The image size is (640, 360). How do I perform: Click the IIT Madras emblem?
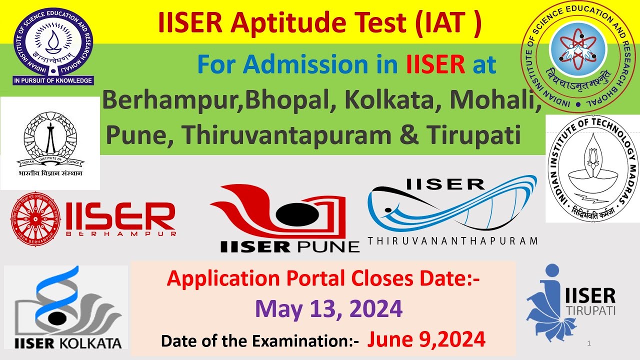point(593,168)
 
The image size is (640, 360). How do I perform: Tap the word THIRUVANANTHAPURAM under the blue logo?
point(452,241)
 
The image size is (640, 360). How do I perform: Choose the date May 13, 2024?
point(328,309)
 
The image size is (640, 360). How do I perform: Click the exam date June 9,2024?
point(426,340)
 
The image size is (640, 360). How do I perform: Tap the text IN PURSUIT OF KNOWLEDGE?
point(53,80)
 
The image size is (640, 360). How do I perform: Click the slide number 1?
point(590,343)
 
